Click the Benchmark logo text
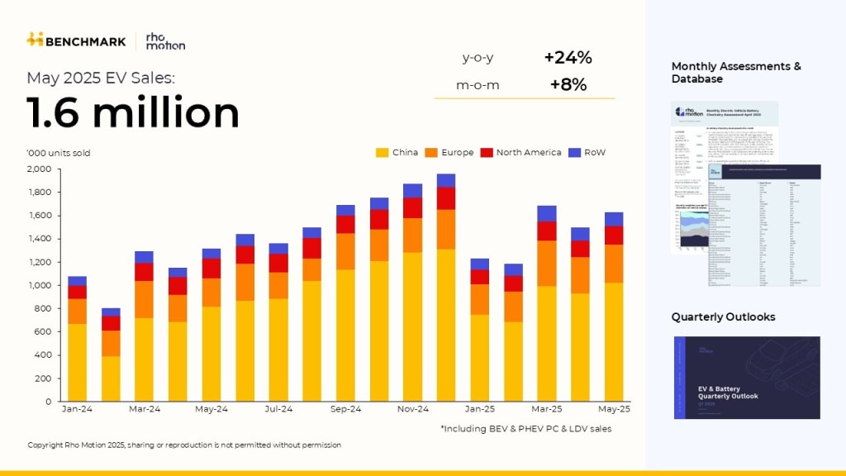(86, 40)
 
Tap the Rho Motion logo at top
(165, 40)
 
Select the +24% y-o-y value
(568, 58)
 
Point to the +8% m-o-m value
(568, 84)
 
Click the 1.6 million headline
(133, 113)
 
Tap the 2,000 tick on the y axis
(39, 169)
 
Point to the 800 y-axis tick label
(42, 308)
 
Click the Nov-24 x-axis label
(413, 409)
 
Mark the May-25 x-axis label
(614, 409)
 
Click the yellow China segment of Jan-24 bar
(77, 362)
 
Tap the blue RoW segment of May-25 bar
(613, 219)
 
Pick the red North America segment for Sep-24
(345, 224)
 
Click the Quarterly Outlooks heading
(723, 317)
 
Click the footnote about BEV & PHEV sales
(525, 428)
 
